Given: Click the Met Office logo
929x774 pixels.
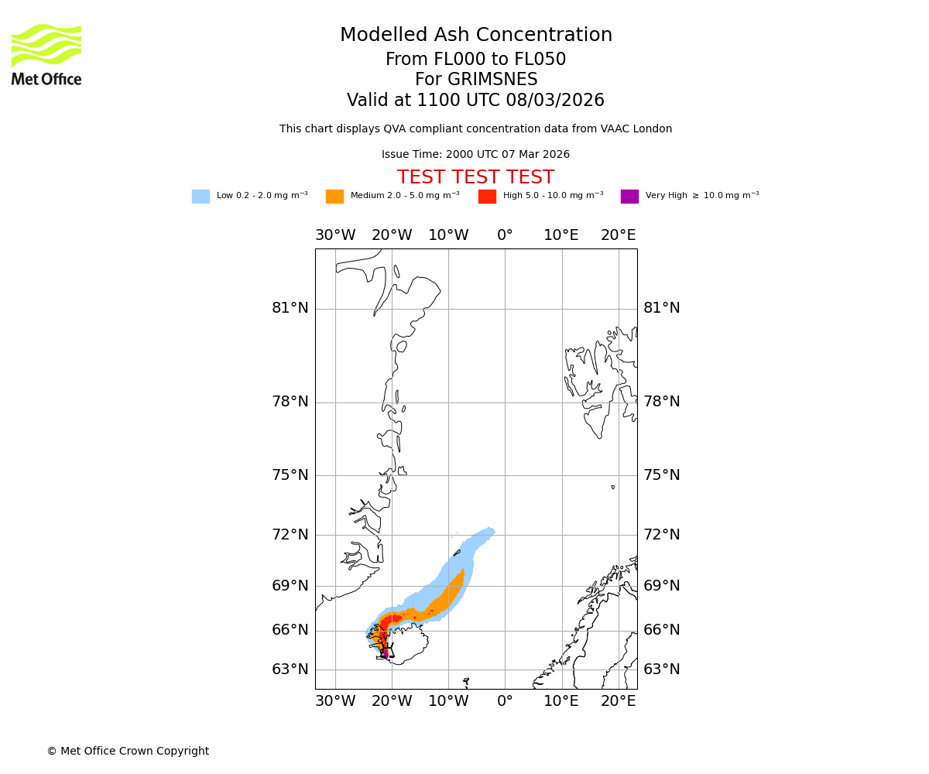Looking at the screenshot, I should (46, 54).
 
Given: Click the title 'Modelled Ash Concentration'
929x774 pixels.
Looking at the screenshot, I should (476, 36).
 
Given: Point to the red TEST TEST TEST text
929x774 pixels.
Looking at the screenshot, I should (475, 178).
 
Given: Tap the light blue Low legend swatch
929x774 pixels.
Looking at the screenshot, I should (201, 197).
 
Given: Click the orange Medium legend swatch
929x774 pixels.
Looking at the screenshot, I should (334, 197).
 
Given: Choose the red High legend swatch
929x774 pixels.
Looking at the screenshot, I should (487, 197).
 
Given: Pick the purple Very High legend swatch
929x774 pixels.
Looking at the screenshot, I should (629, 197).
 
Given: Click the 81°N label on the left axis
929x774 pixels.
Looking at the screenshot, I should (290, 308).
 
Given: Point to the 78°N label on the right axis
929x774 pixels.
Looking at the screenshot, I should (662, 402).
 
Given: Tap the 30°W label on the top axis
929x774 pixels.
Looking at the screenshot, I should (335, 235).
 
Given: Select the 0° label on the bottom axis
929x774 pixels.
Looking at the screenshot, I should (505, 701).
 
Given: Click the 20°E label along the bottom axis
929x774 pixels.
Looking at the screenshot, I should (618, 701).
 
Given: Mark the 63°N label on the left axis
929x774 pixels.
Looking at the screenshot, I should (290, 670).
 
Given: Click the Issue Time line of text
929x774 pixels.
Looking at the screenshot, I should (475, 155).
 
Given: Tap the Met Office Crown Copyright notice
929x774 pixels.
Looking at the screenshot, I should (128, 752).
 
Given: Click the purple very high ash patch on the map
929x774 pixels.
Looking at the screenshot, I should (386, 653).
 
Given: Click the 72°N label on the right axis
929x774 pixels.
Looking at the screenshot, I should (662, 535).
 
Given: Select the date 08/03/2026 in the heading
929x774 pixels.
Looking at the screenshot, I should (555, 101).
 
